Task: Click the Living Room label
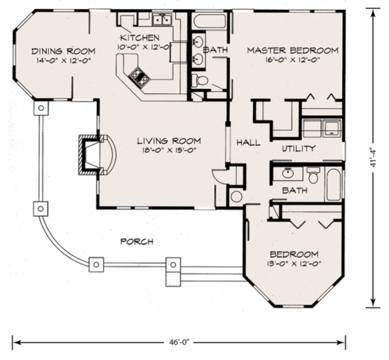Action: pyautogui.click(x=169, y=141)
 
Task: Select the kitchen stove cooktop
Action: pyautogui.click(x=139, y=77)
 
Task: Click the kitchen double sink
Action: pyautogui.click(x=162, y=19)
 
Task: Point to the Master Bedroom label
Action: pyautogui.click(x=293, y=51)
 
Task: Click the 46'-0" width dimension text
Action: pyautogui.click(x=179, y=342)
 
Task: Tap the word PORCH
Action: pyautogui.click(x=137, y=241)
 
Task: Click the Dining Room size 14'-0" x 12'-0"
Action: pyautogui.click(x=63, y=60)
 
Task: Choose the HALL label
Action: pyautogui.click(x=248, y=143)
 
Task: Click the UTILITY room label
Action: pyautogui.click(x=299, y=148)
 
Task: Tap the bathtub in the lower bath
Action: pyautogui.click(x=334, y=185)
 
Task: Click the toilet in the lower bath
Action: pyautogui.click(x=313, y=175)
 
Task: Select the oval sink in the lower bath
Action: pyautogui.click(x=288, y=174)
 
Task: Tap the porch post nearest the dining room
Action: pyautogui.click(x=41, y=108)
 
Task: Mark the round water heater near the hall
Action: pyautogui.click(x=236, y=197)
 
